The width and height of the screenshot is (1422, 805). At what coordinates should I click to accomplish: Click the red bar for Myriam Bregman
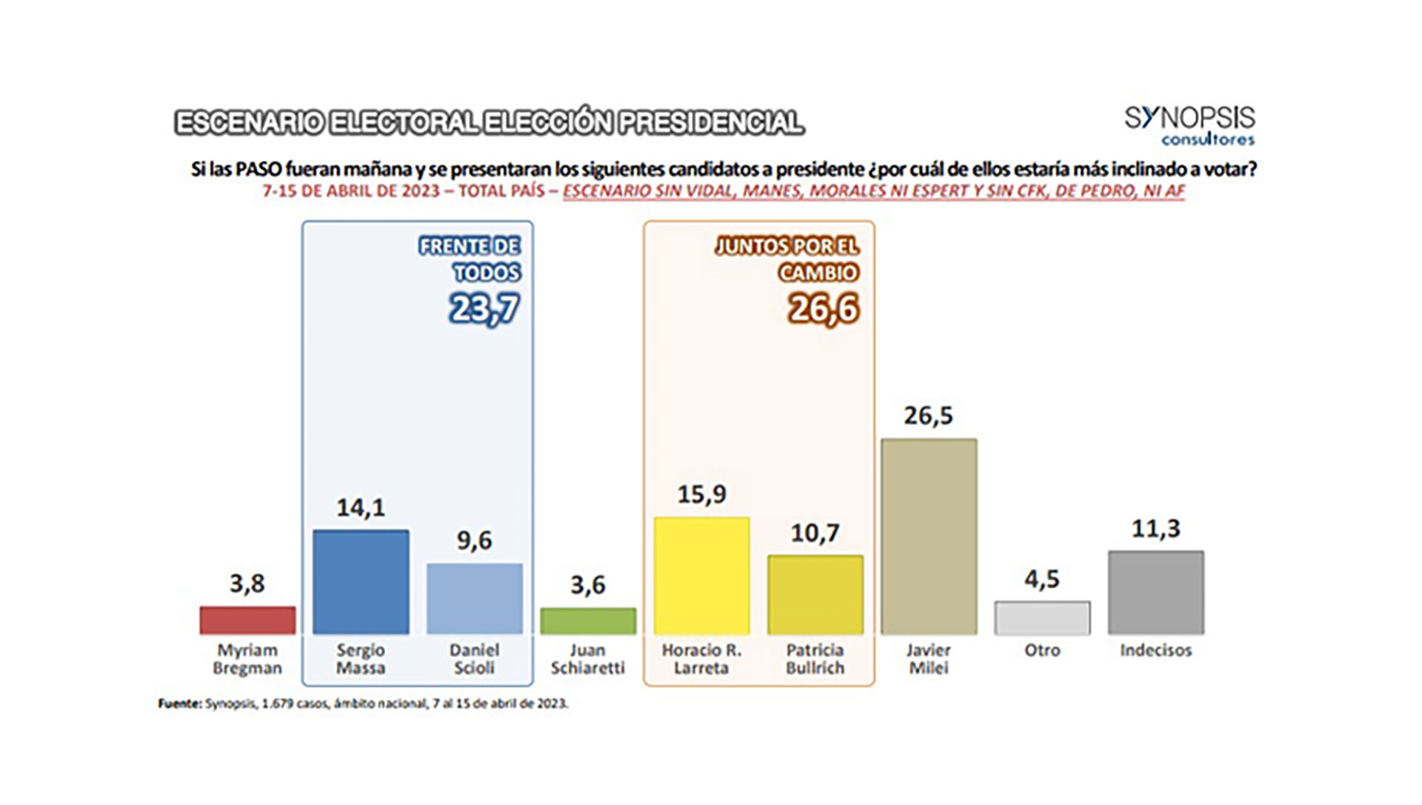click(x=247, y=621)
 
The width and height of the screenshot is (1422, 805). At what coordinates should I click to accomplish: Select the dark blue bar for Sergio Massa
click(x=361, y=582)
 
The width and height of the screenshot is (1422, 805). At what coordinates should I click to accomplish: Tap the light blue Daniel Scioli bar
click(x=475, y=598)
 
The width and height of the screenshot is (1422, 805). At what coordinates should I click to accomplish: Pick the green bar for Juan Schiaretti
click(x=588, y=621)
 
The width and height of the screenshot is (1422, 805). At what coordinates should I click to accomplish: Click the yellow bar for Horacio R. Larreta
click(x=701, y=576)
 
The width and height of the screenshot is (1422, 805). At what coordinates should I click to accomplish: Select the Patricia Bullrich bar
click(x=815, y=595)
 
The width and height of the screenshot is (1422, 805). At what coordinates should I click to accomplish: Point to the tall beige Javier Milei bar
click(x=929, y=537)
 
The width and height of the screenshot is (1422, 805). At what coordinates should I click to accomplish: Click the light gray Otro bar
click(x=1042, y=618)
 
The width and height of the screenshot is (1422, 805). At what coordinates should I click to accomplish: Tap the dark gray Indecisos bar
click(x=1155, y=592)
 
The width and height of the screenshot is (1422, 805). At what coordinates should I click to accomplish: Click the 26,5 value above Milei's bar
click(x=929, y=416)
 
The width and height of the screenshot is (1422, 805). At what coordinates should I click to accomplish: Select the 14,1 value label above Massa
click(x=361, y=508)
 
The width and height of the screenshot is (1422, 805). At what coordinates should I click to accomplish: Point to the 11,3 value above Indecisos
click(x=1155, y=529)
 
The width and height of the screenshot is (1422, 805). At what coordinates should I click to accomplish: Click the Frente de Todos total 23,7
click(x=484, y=309)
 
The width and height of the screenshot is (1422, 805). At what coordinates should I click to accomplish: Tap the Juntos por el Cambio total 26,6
click(x=824, y=309)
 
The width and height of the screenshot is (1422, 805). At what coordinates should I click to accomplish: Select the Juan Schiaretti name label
click(x=588, y=659)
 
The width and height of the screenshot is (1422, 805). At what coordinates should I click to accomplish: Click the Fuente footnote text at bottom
click(x=363, y=704)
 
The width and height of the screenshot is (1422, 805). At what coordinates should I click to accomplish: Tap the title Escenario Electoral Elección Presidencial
click(x=489, y=123)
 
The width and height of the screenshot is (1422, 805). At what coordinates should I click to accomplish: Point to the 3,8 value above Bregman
click(x=247, y=584)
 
